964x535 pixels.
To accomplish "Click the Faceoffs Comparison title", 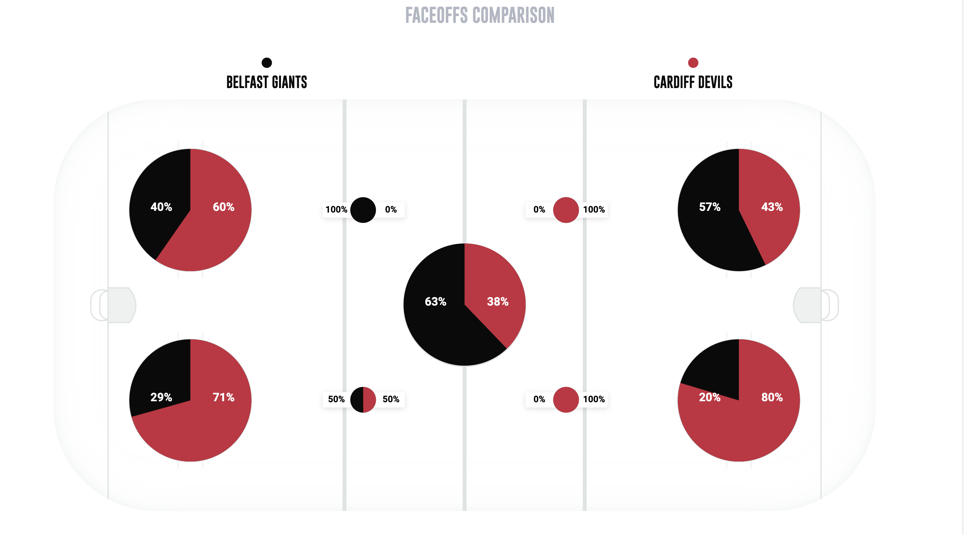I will [x=480, y=15].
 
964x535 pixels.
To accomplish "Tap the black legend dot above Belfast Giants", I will [x=266, y=63].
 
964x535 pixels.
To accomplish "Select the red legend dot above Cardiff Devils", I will [x=693, y=63].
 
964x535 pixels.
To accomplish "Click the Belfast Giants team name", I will [x=266, y=82].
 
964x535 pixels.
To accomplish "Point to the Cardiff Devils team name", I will [x=693, y=82].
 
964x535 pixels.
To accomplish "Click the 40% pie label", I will [x=161, y=207].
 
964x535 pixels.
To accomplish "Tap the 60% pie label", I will [x=223, y=207].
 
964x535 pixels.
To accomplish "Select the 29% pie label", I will [x=161, y=397].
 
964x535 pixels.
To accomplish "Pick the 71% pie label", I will [x=223, y=397].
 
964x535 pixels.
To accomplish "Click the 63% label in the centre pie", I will [x=435, y=302].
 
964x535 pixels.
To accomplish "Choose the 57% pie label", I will [x=709, y=207].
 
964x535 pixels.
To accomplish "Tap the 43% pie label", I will [x=772, y=207].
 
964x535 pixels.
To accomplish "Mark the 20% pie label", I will [x=709, y=397].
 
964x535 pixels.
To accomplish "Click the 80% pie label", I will [x=772, y=397].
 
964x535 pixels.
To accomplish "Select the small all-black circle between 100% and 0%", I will [x=363, y=210].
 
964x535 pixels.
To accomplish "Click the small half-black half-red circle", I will [x=363, y=399].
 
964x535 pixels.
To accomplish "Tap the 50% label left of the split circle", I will [x=336, y=399].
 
